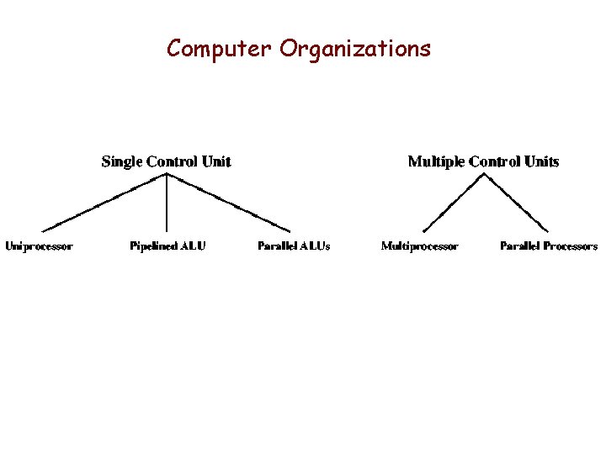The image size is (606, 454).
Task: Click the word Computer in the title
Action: click(x=220, y=49)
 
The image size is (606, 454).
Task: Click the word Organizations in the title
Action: click(x=355, y=50)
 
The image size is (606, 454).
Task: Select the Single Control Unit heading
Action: click(x=166, y=161)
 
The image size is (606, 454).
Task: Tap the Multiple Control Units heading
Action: click(x=483, y=161)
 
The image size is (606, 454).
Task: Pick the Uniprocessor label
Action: click(x=39, y=246)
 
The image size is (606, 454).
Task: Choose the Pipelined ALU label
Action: click(x=167, y=246)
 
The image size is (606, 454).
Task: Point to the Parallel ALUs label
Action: click(x=294, y=246)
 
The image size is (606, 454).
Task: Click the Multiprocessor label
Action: click(x=419, y=246)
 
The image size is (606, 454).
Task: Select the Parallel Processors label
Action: click(x=549, y=246)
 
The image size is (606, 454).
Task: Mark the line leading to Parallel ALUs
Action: click(x=229, y=203)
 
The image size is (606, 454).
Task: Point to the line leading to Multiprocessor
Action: click(x=454, y=203)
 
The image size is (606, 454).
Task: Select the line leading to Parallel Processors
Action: click(x=517, y=203)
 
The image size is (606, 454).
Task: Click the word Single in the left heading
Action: click(x=121, y=161)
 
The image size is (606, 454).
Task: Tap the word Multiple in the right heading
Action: click(x=436, y=161)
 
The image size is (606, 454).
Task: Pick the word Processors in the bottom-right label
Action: click(x=571, y=246)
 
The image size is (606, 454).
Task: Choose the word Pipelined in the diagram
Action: click(x=154, y=246)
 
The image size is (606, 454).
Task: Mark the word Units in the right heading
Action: click(x=540, y=161)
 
